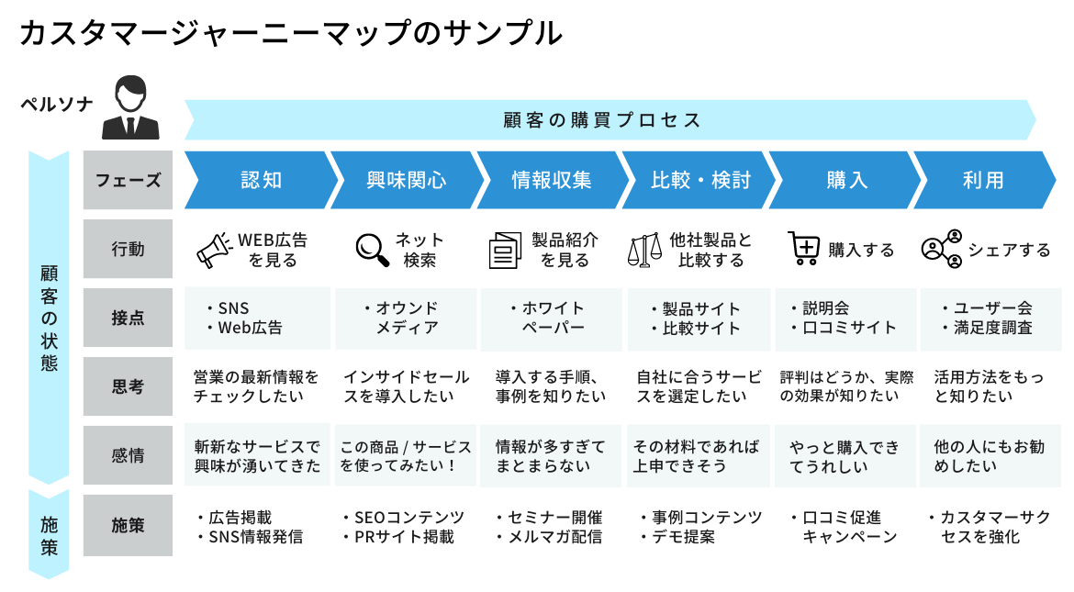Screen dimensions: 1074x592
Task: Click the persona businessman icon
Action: [x=131, y=107]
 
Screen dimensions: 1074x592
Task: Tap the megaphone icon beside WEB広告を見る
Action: [x=215, y=250]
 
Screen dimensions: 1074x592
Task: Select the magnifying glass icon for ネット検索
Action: [x=372, y=250]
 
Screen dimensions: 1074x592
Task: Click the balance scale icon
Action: [x=644, y=250]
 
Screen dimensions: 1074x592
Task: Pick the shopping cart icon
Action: [x=803, y=248]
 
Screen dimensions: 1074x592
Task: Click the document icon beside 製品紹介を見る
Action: [x=505, y=250]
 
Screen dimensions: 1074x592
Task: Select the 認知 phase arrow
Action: [x=261, y=180]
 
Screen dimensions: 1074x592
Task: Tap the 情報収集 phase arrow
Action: [x=552, y=180]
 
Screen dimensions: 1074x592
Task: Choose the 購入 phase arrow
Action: [x=847, y=180]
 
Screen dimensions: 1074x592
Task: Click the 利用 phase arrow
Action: [x=984, y=180]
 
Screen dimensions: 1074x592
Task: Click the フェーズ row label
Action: [x=129, y=180]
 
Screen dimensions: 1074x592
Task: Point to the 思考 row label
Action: [x=129, y=386]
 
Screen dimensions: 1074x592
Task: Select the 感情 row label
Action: [x=129, y=455]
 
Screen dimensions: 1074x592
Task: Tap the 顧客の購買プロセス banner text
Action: [x=602, y=120]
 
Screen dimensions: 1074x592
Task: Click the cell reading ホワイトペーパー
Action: [x=552, y=318]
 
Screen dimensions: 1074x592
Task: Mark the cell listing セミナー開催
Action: [x=552, y=527]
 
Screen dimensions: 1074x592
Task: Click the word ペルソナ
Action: [x=57, y=104]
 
